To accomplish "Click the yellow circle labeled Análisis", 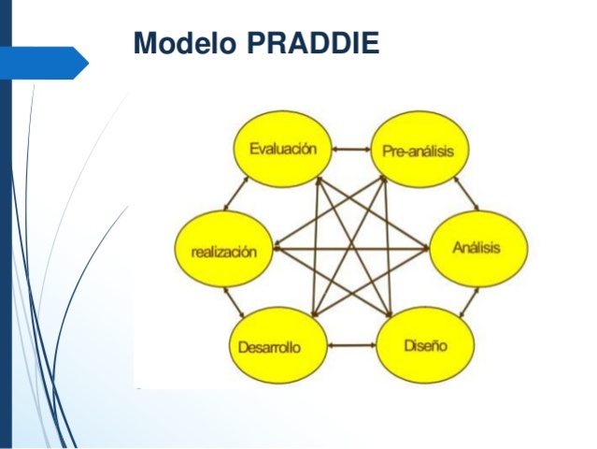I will tap(476, 248).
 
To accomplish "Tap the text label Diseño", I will tap(425, 345).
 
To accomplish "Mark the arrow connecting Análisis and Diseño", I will tap(467, 302).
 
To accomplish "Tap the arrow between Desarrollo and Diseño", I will tap(351, 346).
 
